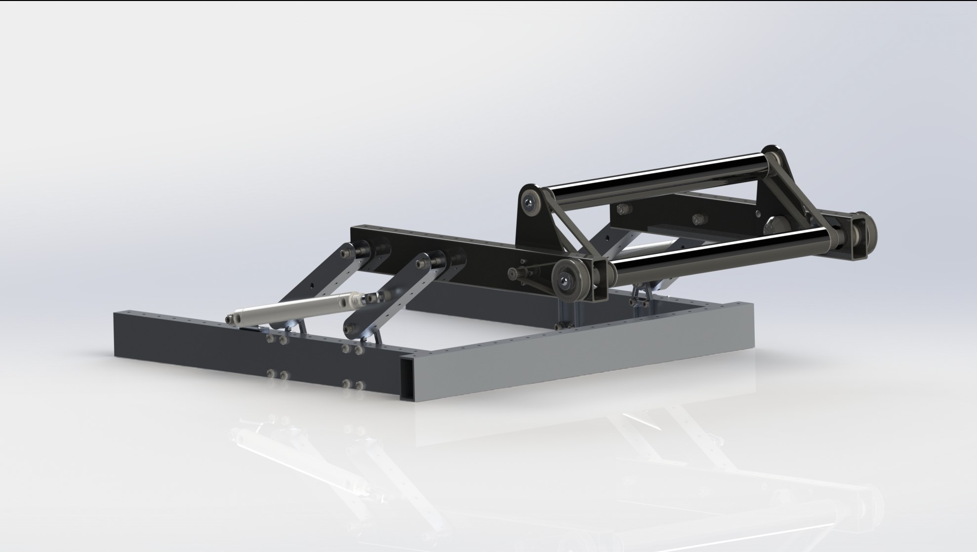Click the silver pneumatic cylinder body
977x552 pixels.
291,307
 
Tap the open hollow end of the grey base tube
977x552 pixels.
411,378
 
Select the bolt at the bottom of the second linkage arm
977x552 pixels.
350,328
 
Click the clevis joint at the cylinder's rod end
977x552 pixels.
371,298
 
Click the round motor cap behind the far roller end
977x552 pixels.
773,227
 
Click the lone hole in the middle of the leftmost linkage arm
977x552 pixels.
313,284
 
